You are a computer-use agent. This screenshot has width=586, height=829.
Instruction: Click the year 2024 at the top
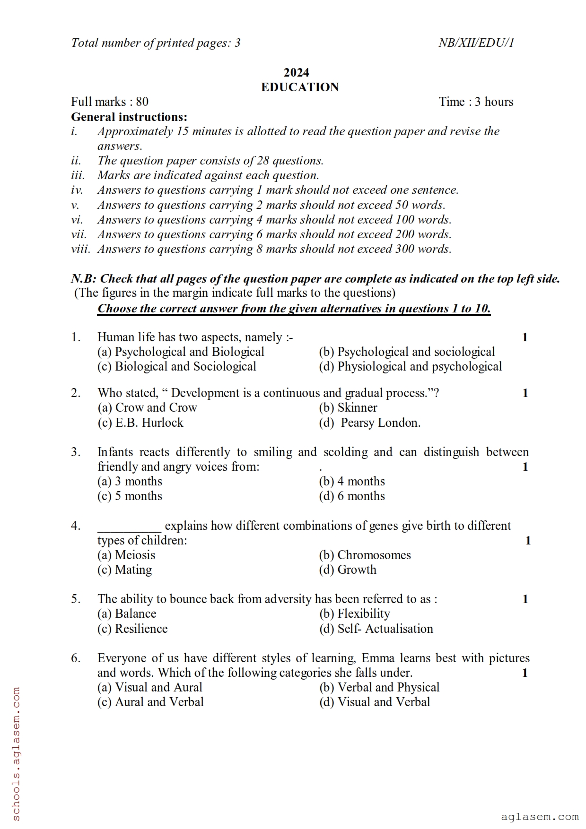[x=296, y=72]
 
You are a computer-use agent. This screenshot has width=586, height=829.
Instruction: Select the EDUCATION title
[x=300, y=87]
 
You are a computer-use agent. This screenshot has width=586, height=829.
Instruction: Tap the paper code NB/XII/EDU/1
[x=476, y=43]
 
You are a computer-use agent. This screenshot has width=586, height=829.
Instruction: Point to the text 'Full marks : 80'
[x=110, y=102]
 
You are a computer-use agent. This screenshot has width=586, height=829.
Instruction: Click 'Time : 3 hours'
[x=476, y=102]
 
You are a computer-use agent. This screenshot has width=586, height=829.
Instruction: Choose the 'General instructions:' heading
[x=129, y=117]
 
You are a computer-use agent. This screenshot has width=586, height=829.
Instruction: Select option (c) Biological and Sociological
[x=177, y=366]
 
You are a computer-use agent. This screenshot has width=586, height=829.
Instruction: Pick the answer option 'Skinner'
[x=348, y=407]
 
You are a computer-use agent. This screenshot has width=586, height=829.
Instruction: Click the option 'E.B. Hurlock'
[x=140, y=423]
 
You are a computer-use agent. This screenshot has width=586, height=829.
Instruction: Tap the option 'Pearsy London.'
[x=370, y=423]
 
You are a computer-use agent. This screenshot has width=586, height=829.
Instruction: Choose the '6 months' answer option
[x=352, y=496]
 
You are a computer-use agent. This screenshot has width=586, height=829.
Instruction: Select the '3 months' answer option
[x=130, y=481]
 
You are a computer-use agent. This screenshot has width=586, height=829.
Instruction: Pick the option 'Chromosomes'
[x=365, y=555]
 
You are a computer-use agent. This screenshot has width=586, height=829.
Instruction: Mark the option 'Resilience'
[x=133, y=629]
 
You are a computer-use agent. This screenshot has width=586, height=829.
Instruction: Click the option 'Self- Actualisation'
[x=376, y=629]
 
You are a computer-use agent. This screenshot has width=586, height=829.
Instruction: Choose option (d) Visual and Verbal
[x=375, y=702]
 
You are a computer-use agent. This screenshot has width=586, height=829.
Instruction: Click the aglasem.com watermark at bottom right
[x=539, y=817]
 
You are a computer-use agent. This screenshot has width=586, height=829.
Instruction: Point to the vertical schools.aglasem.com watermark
[x=16, y=756]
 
